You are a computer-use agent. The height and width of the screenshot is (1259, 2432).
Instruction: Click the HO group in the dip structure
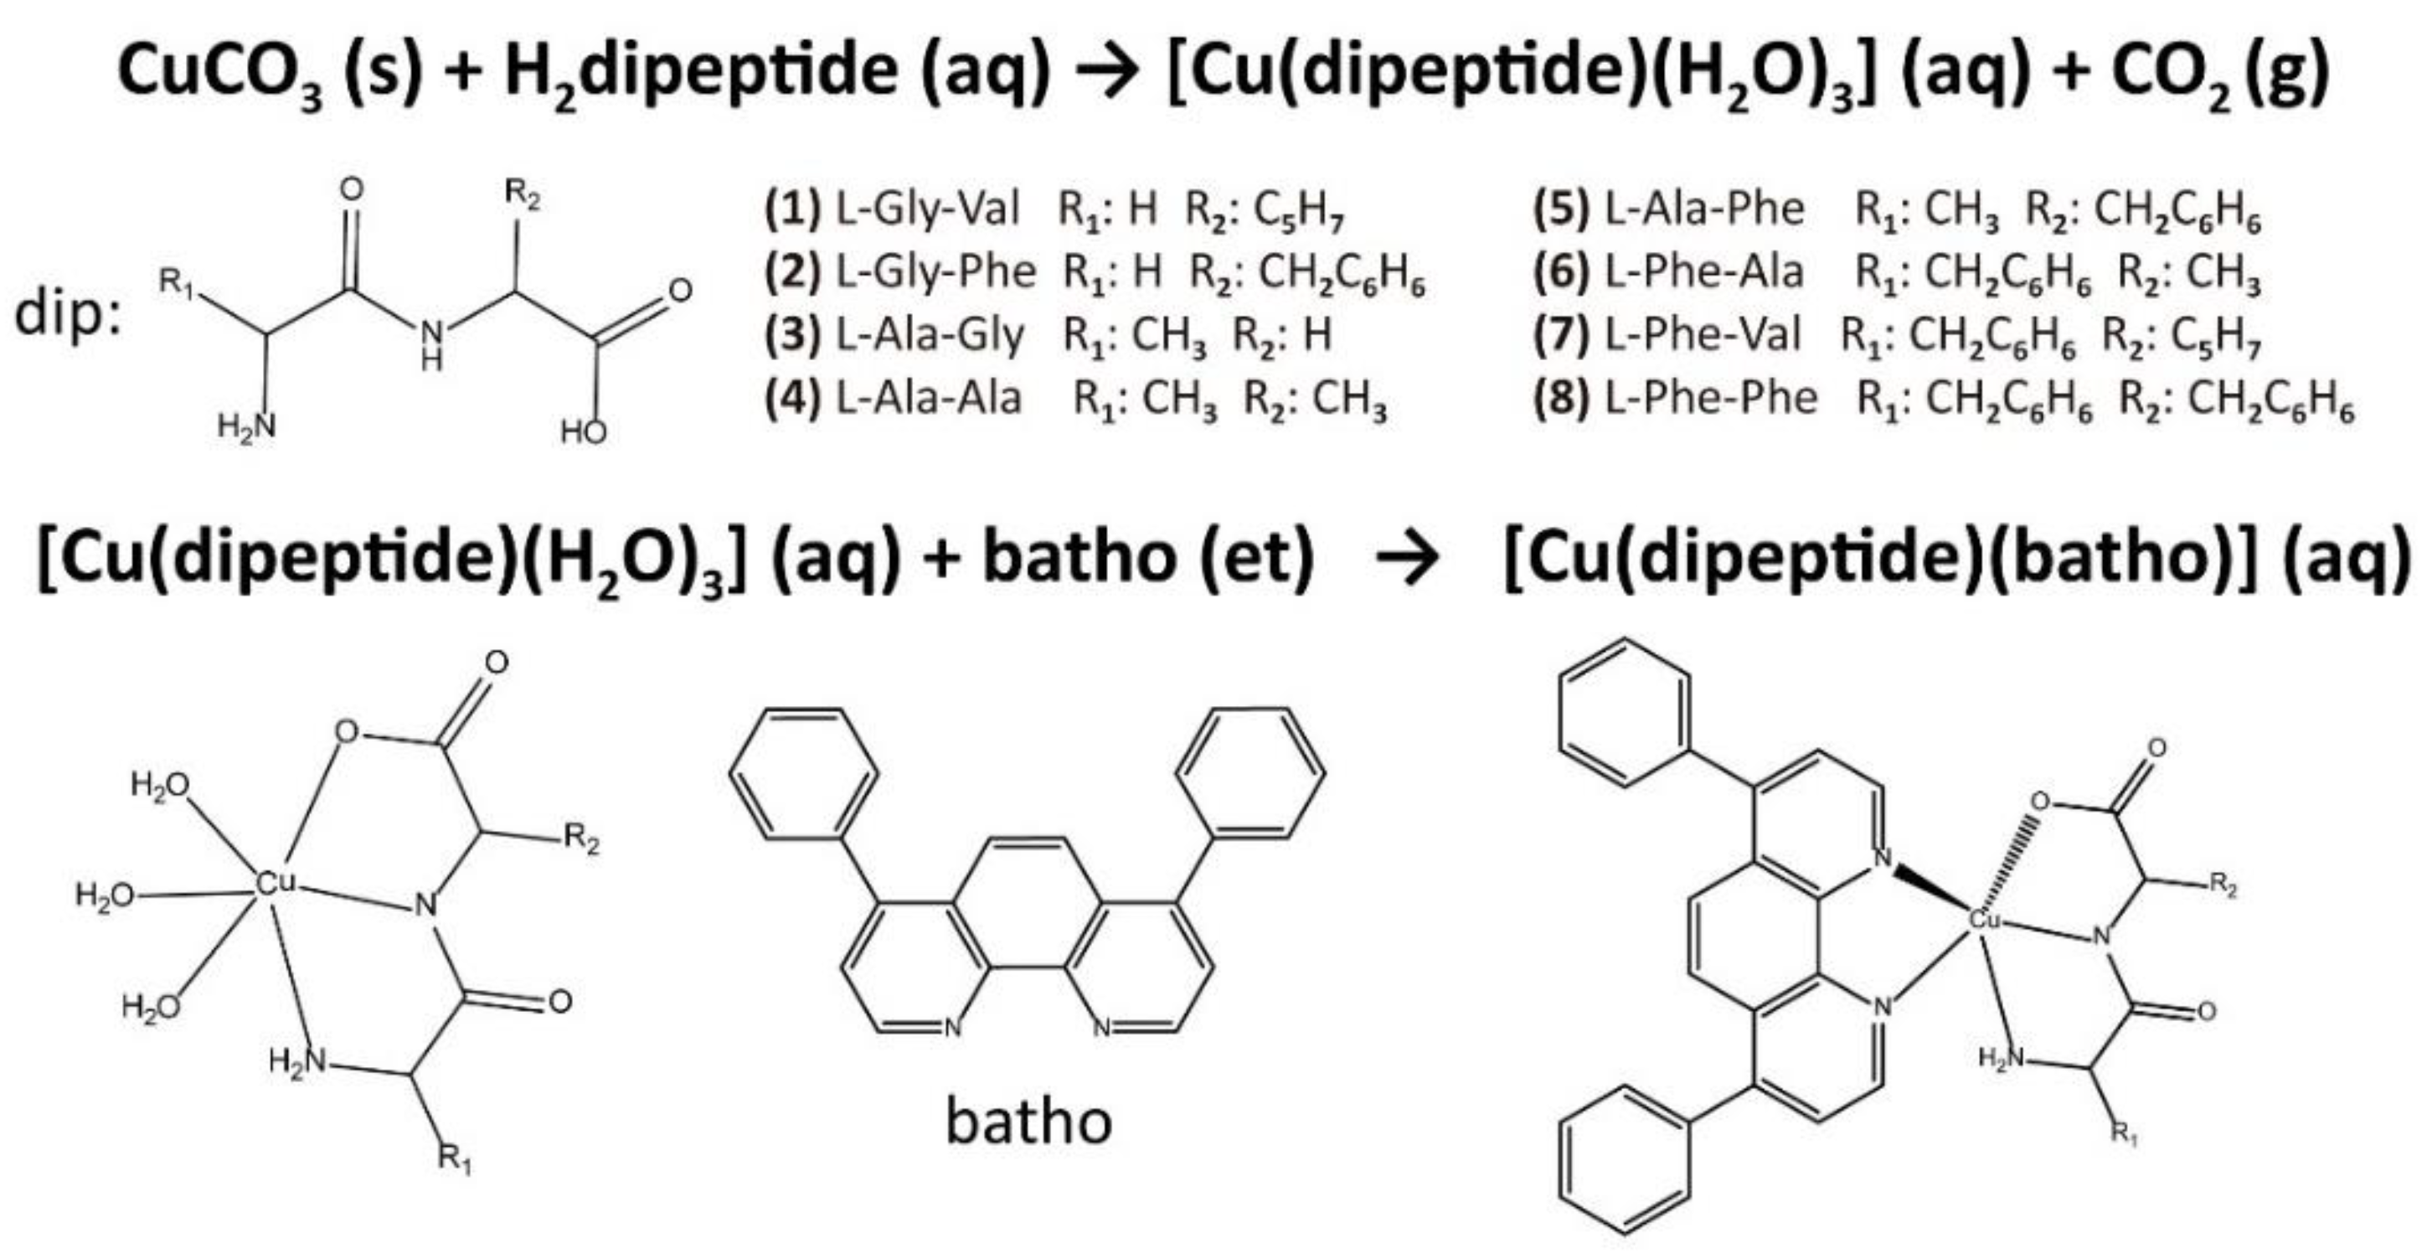coord(584,431)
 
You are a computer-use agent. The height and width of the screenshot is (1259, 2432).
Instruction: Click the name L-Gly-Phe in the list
coord(935,272)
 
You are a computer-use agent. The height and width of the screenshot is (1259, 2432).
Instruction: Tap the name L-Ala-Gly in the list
coord(929,334)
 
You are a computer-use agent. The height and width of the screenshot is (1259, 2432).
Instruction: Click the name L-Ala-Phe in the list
coord(1704,209)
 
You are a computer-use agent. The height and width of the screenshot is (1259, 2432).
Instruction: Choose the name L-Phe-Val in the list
coord(1703,334)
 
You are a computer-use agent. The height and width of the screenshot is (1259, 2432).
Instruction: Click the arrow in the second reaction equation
coord(1407,559)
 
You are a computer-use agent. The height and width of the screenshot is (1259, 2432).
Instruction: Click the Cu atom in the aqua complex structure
coord(276,883)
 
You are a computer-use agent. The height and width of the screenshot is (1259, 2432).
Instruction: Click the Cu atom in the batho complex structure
coord(1985,918)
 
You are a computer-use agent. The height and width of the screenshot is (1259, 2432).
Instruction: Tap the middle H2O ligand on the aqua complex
coord(104,895)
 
